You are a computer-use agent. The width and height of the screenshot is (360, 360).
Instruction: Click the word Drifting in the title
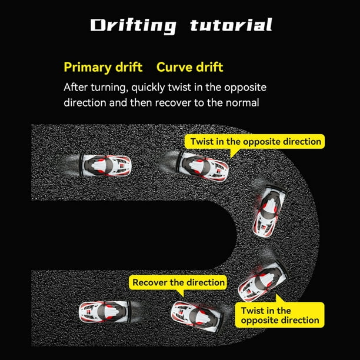tap(134, 26)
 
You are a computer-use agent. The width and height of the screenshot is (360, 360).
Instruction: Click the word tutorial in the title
tap(231, 25)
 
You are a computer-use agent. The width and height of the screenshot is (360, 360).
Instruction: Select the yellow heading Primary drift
tap(103, 67)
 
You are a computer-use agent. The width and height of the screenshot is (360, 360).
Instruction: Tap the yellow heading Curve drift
tap(189, 67)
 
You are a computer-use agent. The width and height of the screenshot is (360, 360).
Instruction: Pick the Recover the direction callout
tap(178, 282)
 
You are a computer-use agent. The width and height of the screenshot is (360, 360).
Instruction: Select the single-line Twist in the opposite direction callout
tap(255, 141)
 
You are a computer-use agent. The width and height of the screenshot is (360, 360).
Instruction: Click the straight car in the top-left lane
tap(105, 165)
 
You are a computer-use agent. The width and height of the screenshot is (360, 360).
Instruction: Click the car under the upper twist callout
tap(202, 166)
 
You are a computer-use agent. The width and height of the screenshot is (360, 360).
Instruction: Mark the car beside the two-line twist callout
tap(263, 282)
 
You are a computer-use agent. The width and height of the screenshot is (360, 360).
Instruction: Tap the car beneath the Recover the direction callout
tap(196, 316)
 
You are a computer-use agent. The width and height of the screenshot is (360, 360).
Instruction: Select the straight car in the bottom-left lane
tap(105, 312)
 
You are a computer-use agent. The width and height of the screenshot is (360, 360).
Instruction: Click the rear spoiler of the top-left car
tap(81, 165)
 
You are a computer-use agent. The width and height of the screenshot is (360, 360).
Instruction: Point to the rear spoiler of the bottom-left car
tap(130, 312)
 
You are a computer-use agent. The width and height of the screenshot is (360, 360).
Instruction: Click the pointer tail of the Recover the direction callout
tap(181, 293)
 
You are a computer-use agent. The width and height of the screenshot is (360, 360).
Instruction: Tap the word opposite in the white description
tap(245, 88)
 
